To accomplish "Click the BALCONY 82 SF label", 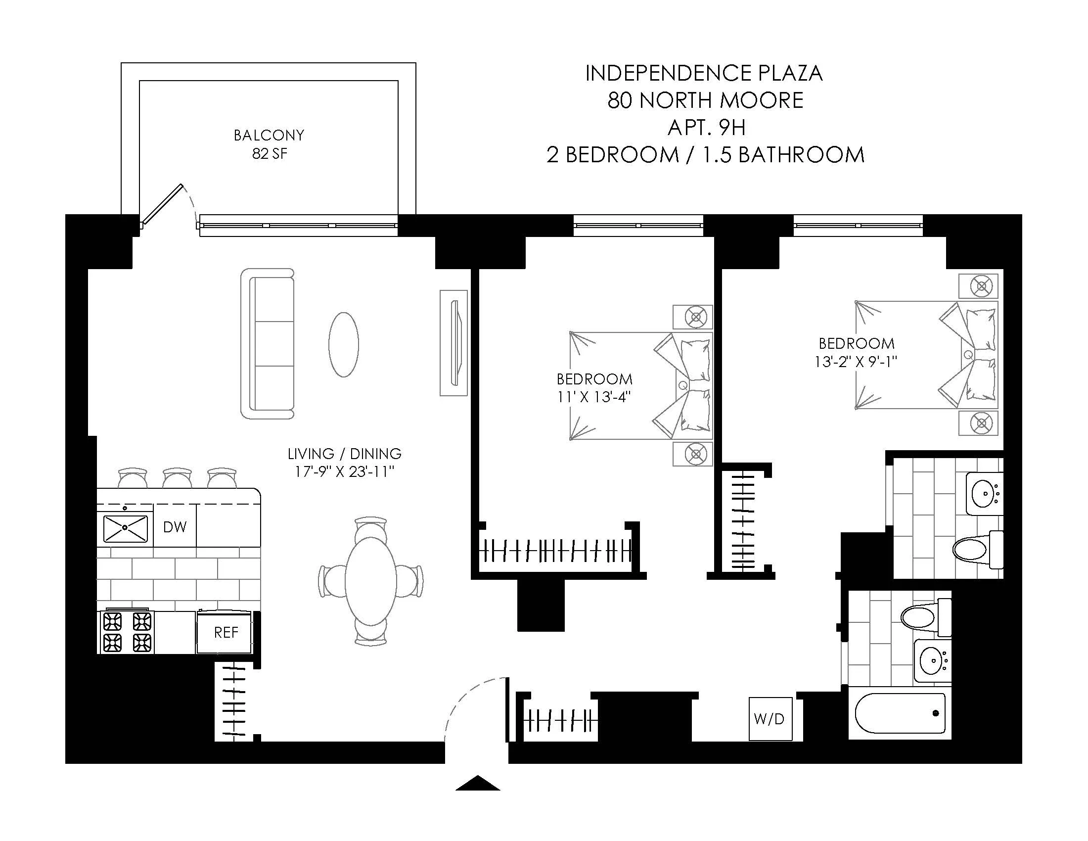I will [269, 144].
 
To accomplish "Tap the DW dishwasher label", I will [175, 527].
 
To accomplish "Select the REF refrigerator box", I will [225, 632].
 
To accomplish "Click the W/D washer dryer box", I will [770, 719].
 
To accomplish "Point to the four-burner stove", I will [127, 632].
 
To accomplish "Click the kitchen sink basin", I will [126, 529].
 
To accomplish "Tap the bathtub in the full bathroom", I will [900, 713].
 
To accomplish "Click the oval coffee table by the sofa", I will [344, 344].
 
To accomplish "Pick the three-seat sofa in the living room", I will [268, 344].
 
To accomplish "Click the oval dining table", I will [370, 580].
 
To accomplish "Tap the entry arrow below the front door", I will [477, 784].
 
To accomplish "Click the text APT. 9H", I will [706, 128].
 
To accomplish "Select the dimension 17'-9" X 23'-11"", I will [344, 471].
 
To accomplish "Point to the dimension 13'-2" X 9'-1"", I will [856, 362].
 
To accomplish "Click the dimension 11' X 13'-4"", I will [594, 397].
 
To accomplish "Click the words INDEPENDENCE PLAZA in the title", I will [703, 74].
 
